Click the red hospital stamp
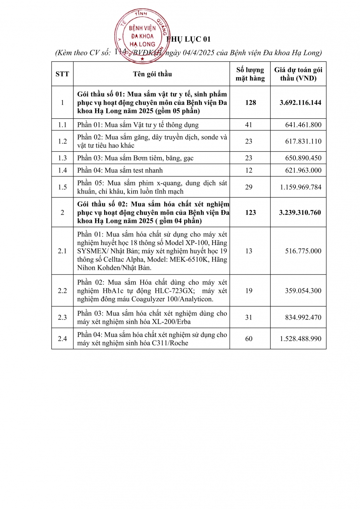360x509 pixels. click(x=142, y=36)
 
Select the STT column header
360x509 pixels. click(x=62, y=74)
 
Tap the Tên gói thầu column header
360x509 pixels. click(x=152, y=74)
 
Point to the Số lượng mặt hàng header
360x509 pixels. click(x=250, y=74)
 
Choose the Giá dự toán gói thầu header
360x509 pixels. click(x=298, y=74)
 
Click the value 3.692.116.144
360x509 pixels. click(x=300, y=102)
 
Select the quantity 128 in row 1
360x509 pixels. click(x=250, y=102)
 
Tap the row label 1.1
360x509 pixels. click(x=62, y=125)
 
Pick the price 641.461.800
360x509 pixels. click(x=303, y=125)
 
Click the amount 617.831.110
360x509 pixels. click(x=303, y=142)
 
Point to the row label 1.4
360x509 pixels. click(x=62, y=170)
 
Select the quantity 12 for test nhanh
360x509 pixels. click(x=249, y=170)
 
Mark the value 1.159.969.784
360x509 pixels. click(x=300, y=187)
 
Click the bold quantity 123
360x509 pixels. click(x=250, y=212)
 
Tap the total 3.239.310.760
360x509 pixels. click(x=300, y=212)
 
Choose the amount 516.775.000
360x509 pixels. click(x=303, y=251)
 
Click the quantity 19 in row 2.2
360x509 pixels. click(x=249, y=291)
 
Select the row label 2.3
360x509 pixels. click(x=62, y=317)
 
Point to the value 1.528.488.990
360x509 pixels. click(x=300, y=339)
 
